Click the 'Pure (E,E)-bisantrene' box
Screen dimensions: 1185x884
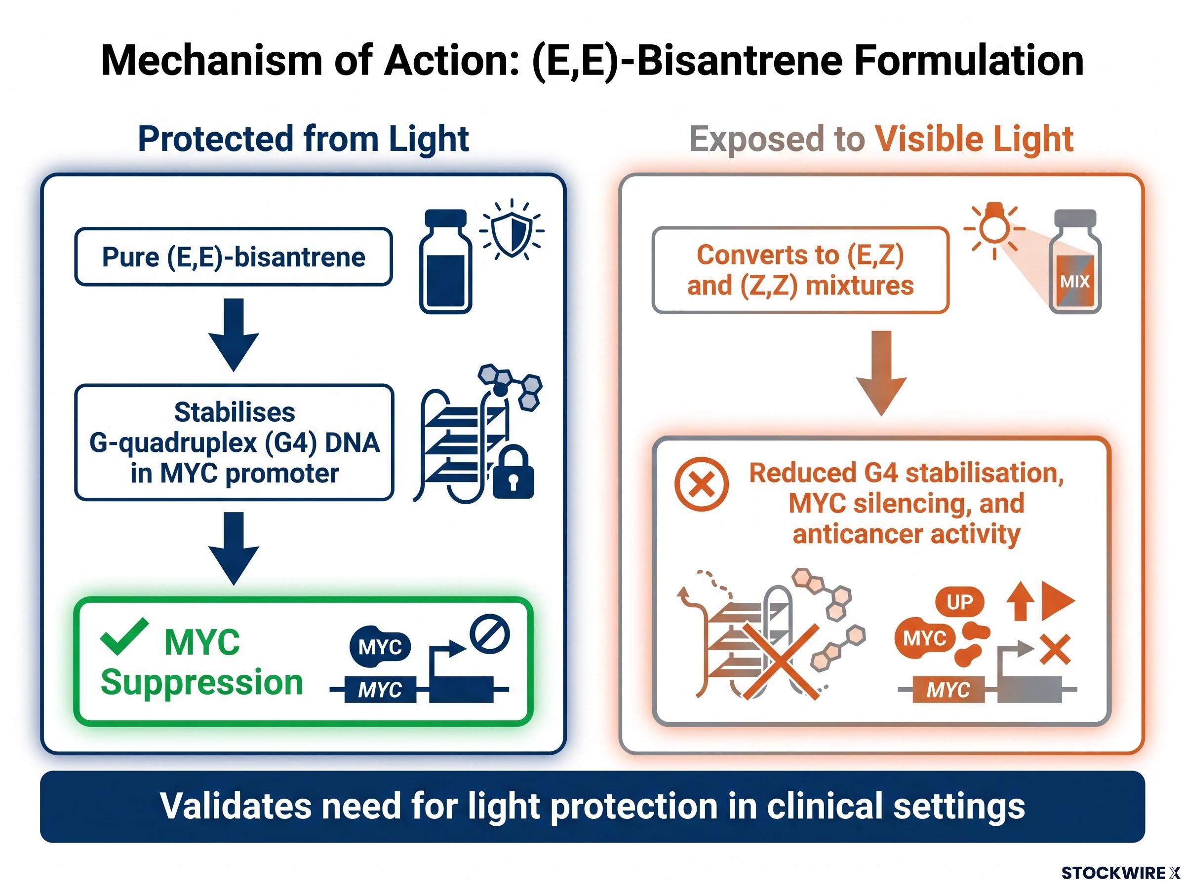pos(234,257)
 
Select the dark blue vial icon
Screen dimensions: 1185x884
pos(445,261)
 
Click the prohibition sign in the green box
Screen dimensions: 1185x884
pos(489,634)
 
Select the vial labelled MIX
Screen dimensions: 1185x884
pos(1075,261)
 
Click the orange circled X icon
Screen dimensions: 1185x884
pos(702,484)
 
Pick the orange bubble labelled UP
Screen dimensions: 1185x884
pos(959,602)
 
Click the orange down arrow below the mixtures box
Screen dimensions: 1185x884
pos(881,373)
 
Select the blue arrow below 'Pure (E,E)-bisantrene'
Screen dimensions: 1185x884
pos(234,335)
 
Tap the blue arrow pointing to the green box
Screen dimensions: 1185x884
pos(234,549)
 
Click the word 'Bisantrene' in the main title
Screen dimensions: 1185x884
pos(741,61)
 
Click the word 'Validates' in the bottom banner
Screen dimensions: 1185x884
pos(236,806)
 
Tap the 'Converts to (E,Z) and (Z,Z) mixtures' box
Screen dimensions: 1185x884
pos(800,270)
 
